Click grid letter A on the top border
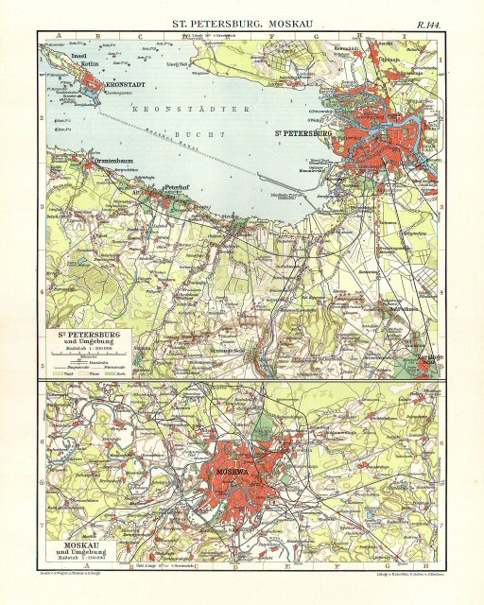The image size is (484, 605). pyautogui.click(x=59, y=36)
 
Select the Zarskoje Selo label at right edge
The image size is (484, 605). pyautogui.click(x=427, y=358)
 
